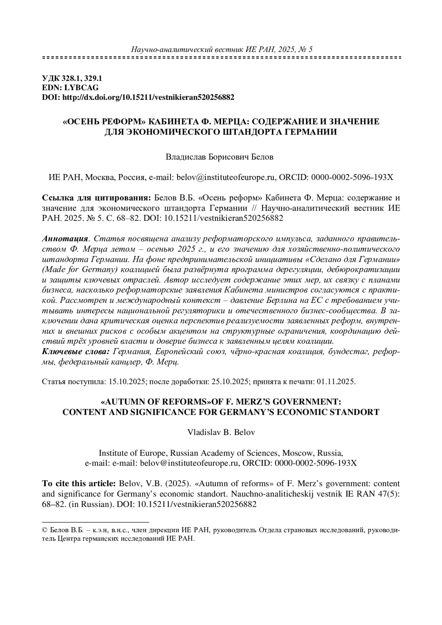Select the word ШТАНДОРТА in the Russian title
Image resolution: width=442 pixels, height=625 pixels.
click(x=253, y=131)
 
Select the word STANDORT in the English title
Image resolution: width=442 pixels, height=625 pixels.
click(x=357, y=412)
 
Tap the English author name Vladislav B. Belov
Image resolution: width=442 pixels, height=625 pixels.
click(x=221, y=432)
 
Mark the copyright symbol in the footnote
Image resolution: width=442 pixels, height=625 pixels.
click(x=45, y=530)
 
